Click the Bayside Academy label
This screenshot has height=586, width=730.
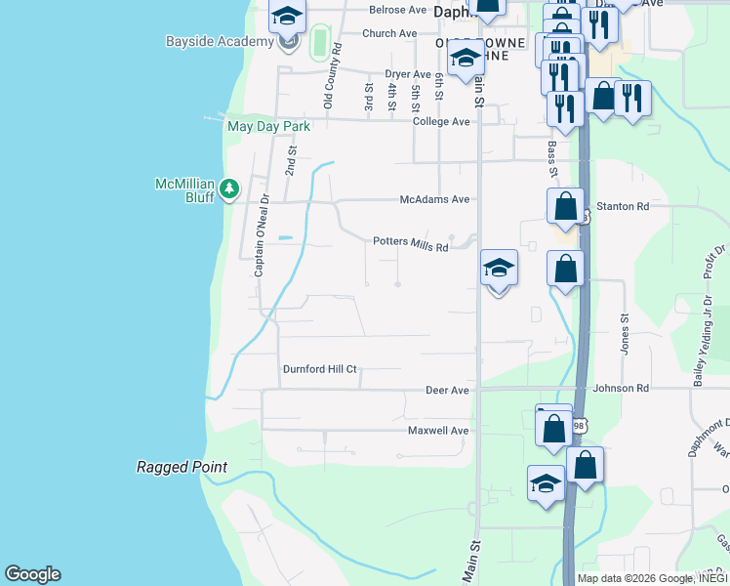click(220, 42)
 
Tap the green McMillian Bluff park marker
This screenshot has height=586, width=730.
click(229, 188)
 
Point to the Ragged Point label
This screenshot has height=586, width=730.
click(182, 468)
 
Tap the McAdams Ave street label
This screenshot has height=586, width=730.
click(434, 199)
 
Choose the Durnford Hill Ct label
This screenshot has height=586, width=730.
click(320, 370)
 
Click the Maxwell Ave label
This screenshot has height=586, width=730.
click(438, 430)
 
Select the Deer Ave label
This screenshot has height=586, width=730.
click(447, 390)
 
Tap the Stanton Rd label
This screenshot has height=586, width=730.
click(629, 207)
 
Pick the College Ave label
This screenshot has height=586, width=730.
click(441, 121)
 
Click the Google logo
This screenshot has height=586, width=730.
click(32, 574)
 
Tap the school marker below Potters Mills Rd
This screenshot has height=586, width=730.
click(499, 268)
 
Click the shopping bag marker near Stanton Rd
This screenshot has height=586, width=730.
click(566, 207)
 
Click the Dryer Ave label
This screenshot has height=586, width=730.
click(407, 74)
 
